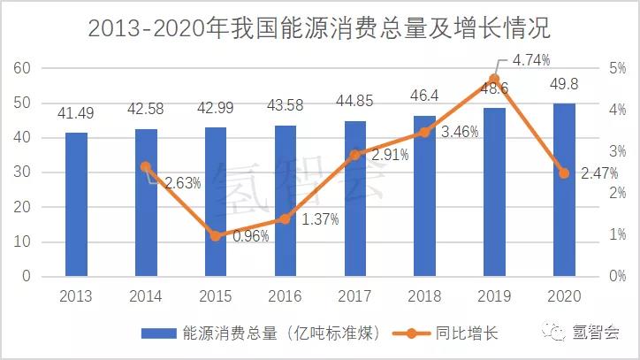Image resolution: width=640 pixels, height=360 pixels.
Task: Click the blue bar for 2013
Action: (x=76, y=204)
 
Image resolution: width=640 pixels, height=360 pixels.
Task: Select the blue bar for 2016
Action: (x=286, y=201)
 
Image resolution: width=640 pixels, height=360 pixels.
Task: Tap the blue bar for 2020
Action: (x=564, y=190)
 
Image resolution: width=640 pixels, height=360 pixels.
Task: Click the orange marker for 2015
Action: (x=216, y=235)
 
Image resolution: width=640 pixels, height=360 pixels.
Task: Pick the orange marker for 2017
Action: (x=354, y=155)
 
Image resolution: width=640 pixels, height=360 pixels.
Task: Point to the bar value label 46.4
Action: (x=424, y=93)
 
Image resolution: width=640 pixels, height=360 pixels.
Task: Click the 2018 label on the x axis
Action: (x=424, y=295)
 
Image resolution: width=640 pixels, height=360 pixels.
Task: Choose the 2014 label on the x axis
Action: (x=146, y=295)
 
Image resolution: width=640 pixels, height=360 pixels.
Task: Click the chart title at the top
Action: (x=319, y=28)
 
